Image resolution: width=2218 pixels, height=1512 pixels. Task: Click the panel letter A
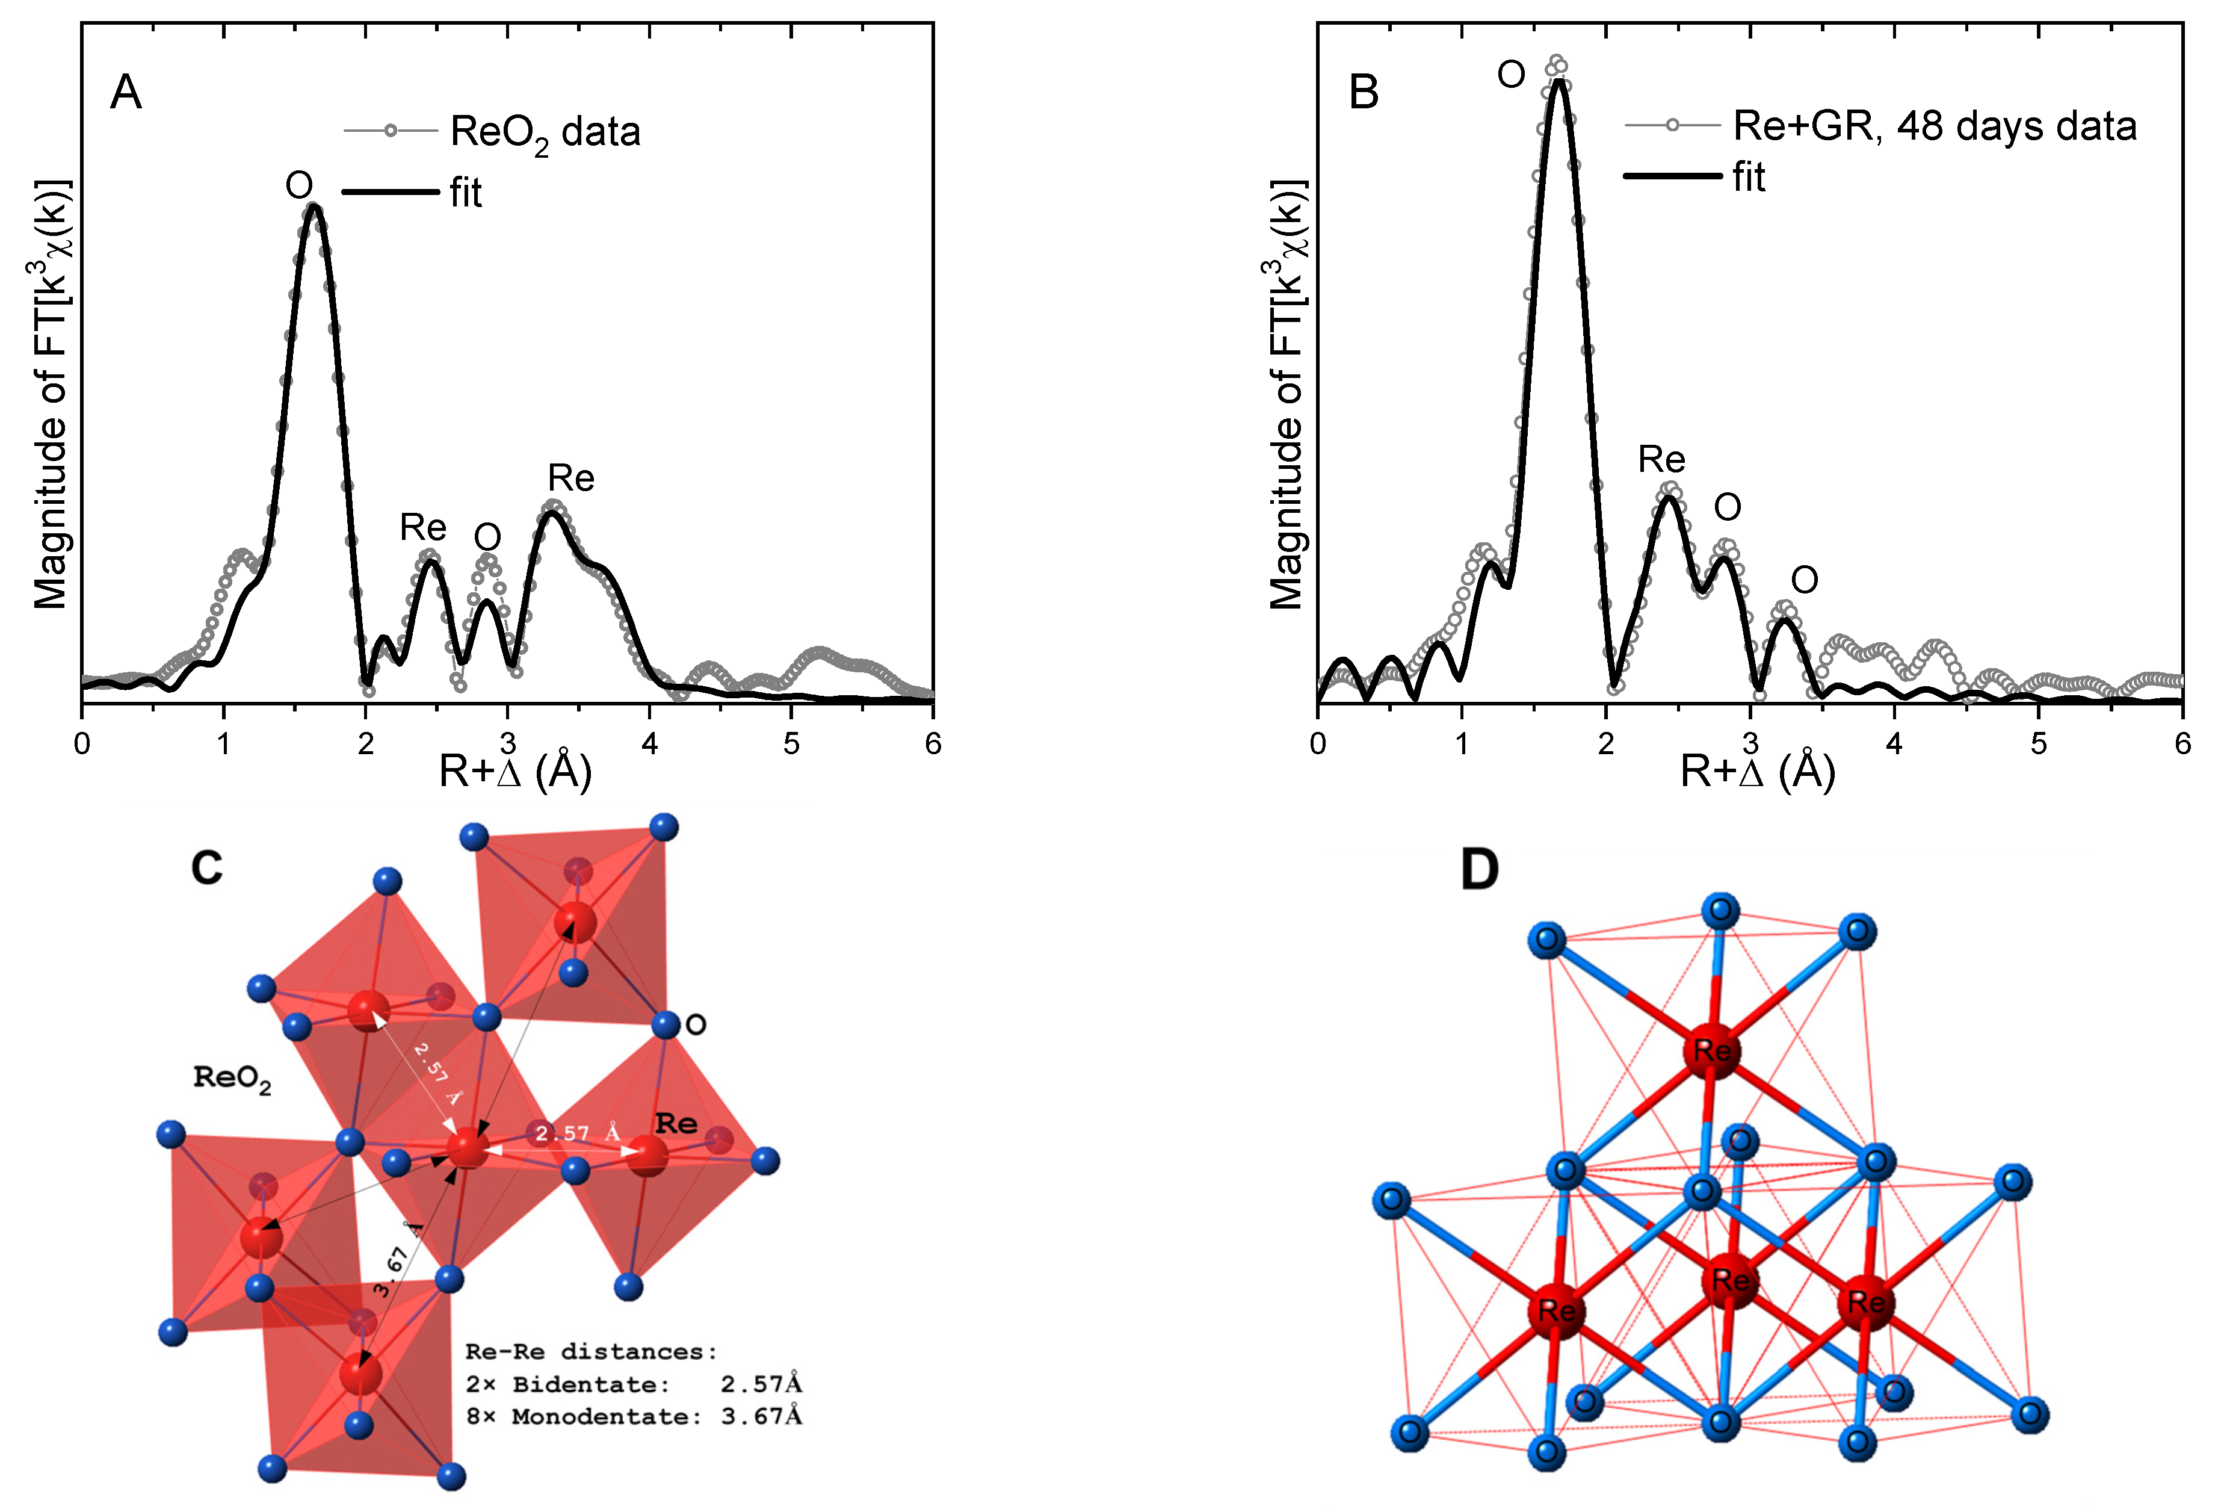tap(126, 93)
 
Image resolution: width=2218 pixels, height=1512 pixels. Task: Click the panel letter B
tap(1363, 93)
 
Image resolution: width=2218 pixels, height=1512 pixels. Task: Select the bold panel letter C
tap(206, 868)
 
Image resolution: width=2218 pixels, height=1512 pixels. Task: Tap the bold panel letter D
tap(1479, 870)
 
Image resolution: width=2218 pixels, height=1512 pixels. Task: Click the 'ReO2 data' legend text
tap(545, 132)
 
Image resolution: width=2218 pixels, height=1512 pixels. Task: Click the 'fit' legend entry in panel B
tap(1749, 178)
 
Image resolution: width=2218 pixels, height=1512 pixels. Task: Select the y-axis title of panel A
tap(52, 393)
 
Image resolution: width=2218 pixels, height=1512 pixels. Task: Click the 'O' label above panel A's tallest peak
tap(298, 185)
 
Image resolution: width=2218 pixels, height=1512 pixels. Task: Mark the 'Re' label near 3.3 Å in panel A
tap(570, 477)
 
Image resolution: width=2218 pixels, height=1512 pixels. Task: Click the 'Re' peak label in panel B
tap(1661, 459)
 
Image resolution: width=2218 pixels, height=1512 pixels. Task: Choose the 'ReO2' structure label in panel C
tap(232, 1079)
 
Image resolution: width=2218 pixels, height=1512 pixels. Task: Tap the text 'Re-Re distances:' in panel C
tap(591, 1352)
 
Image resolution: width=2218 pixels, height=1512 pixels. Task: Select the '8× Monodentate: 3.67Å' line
tap(634, 1416)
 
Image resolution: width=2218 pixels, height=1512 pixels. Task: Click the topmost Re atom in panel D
tap(1711, 1051)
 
